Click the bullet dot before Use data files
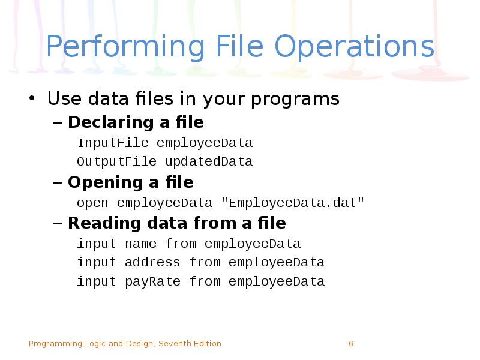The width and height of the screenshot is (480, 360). click(32, 98)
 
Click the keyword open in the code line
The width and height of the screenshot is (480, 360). click(92, 203)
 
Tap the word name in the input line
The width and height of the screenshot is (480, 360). click(140, 244)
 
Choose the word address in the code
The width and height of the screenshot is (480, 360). click(152, 262)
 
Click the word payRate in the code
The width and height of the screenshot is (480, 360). click(152, 281)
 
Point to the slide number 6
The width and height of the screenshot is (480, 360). click(351, 344)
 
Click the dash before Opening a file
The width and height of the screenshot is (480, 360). click(58, 182)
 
